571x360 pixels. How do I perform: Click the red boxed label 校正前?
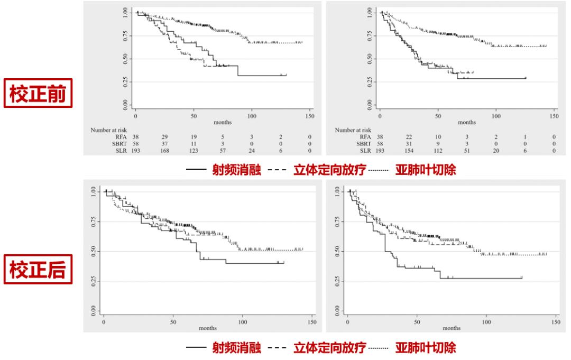pos(38,94)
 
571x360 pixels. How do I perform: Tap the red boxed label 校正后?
pos(38,270)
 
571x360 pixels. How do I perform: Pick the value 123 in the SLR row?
pos(194,151)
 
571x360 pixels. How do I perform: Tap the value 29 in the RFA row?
pos(165,136)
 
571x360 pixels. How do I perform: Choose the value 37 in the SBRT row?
pos(165,143)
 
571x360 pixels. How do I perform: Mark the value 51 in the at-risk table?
pos(467,151)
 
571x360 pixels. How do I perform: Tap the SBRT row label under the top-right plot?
pos(363,143)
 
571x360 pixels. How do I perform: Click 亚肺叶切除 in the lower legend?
pos(426,348)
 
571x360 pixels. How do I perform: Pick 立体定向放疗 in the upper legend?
pos(329,171)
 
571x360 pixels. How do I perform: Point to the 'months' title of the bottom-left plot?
pos(208,328)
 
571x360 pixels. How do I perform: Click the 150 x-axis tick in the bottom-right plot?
pos(556,322)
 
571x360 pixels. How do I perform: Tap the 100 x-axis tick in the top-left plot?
pos(252,116)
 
